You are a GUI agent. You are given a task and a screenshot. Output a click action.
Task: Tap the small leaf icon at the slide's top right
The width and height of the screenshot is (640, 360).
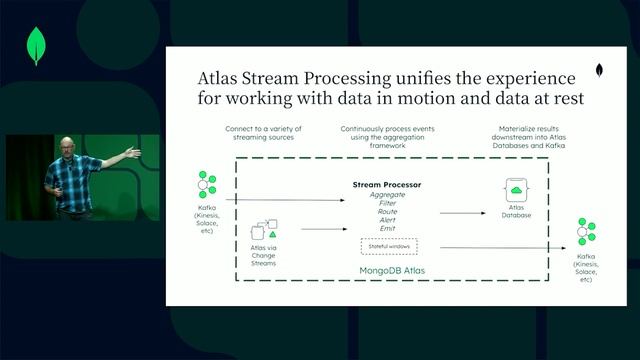click(x=598, y=72)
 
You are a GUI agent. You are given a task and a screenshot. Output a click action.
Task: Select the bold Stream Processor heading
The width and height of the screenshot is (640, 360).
click(x=387, y=185)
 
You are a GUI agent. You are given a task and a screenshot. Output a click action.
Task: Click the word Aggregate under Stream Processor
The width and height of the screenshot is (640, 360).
click(x=387, y=195)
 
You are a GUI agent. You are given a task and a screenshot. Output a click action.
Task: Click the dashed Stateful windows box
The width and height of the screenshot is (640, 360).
click(x=387, y=247)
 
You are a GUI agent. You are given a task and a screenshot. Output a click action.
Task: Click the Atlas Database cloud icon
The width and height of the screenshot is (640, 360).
click(x=517, y=190)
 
